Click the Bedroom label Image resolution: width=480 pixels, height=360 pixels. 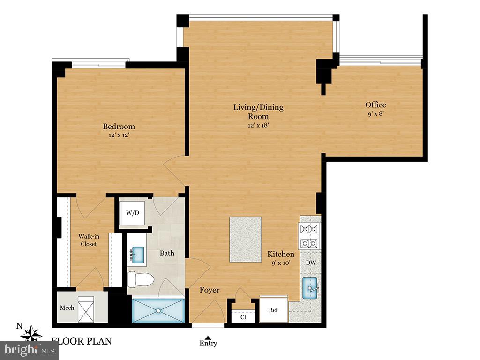[119, 127]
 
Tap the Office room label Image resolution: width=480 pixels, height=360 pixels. [375, 105]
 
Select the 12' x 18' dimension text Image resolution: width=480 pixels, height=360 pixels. [258, 125]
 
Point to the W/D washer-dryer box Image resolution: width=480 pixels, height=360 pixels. [133, 213]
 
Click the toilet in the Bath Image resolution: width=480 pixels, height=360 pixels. [140, 279]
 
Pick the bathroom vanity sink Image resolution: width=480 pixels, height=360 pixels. [137, 255]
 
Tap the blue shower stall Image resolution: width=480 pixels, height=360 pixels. [158, 310]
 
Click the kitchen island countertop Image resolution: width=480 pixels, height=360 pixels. [246, 240]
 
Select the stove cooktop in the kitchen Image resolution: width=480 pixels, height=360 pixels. [309, 236]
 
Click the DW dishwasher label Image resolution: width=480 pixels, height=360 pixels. [311, 262]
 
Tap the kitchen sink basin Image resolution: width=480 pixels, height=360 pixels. [310, 288]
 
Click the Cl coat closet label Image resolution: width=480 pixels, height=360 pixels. [243, 317]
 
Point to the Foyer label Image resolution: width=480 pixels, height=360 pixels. [210, 290]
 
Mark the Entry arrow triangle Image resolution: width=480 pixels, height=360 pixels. [208, 337]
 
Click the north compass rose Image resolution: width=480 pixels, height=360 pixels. [31, 334]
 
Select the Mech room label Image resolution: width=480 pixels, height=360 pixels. [67, 307]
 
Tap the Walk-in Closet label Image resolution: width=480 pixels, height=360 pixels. [89, 240]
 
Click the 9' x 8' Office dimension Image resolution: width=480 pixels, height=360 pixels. [375, 114]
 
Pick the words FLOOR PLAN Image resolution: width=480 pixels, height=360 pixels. [82, 341]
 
